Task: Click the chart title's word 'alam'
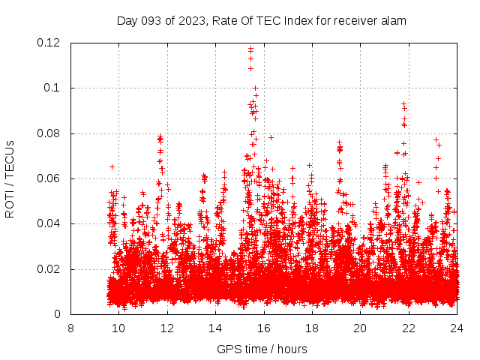tap(393, 20)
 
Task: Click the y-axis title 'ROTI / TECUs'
tap(10, 179)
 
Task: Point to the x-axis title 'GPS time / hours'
tap(262, 349)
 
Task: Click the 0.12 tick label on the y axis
tap(50, 43)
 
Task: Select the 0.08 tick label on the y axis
tap(50, 133)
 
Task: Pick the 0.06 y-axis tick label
tap(50, 178)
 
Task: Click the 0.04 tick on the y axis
tap(50, 223)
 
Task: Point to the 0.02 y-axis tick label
tap(50, 269)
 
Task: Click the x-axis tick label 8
tap(70, 328)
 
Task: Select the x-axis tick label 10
tap(118, 328)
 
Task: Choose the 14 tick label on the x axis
tap(215, 328)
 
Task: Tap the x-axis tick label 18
tap(312, 328)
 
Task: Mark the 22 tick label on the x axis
tap(408, 328)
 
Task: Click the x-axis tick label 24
tap(457, 328)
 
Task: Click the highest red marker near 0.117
tap(250, 49)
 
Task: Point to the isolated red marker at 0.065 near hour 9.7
tap(112, 166)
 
